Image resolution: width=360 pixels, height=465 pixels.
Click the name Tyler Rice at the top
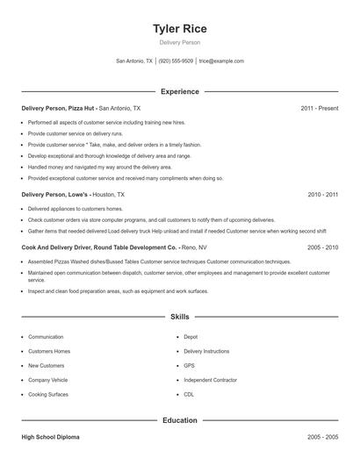(179, 28)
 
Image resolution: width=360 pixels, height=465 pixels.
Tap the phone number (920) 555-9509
(176, 61)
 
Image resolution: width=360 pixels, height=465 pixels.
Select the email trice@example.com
(221, 61)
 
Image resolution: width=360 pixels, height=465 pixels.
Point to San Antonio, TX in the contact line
(134, 61)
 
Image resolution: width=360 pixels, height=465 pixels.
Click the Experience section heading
(179, 91)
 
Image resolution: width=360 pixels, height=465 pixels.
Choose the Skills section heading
(179, 317)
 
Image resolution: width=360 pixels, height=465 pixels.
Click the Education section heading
(179, 420)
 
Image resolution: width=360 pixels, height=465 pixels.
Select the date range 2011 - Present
(319, 108)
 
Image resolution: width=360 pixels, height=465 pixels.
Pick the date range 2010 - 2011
(322, 194)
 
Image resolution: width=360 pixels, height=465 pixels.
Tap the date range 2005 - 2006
(322, 248)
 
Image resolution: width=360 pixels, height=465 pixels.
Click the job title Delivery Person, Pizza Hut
(58, 108)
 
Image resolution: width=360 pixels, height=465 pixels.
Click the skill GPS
(189, 365)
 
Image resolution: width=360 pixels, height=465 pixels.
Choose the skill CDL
(190, 394)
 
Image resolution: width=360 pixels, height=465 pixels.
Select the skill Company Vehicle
(47, 380)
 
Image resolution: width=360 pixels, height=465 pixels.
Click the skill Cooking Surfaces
(49, 394)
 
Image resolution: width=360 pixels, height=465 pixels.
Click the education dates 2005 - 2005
(322, 436)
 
